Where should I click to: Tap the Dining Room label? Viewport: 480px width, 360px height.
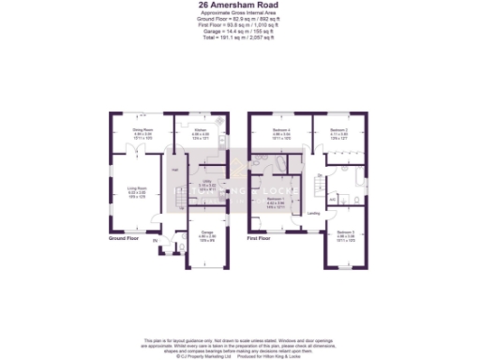click(x=142, y=131)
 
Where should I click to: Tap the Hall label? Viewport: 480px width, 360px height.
click(x=173, y=169)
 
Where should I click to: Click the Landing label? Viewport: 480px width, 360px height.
click(x=313, y=212)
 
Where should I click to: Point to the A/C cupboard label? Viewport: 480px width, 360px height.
click(x=330, y=198)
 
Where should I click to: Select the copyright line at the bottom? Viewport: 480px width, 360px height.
click(x=239, y=352)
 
